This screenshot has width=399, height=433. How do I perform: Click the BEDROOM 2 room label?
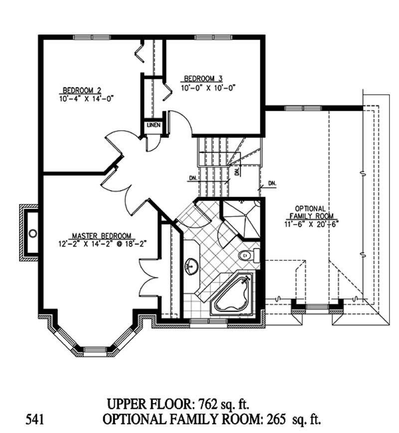click(82, 90)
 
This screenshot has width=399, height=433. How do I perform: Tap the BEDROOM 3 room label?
click(203, 78)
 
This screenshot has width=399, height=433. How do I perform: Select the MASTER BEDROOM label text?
click(101, 235)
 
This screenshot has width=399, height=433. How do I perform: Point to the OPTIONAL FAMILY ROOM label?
click(310, 212)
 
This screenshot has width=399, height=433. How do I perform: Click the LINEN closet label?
click(153, 125)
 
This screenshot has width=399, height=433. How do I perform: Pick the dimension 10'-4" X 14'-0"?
click(86, 98)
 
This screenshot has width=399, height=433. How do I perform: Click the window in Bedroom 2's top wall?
click(92, 37)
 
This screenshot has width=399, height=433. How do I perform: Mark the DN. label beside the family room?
click(272, 183)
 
